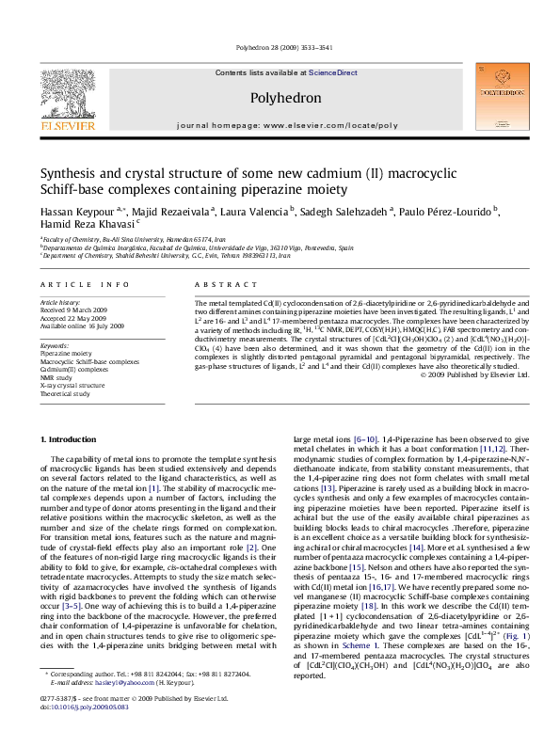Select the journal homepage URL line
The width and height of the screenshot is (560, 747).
(280, 124)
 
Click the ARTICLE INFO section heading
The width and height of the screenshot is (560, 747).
(72, 283)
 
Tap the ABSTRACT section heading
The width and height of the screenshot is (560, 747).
(216, 283)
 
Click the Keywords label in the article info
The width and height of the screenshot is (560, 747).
(55, 345)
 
